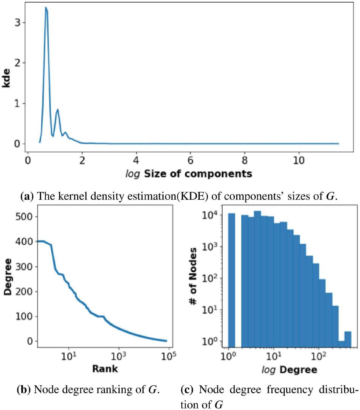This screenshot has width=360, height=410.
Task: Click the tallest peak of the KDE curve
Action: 46,8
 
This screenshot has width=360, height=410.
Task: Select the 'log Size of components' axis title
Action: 191,173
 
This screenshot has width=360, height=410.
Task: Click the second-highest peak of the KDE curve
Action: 57,110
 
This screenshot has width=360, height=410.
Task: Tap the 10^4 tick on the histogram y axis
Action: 213,215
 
